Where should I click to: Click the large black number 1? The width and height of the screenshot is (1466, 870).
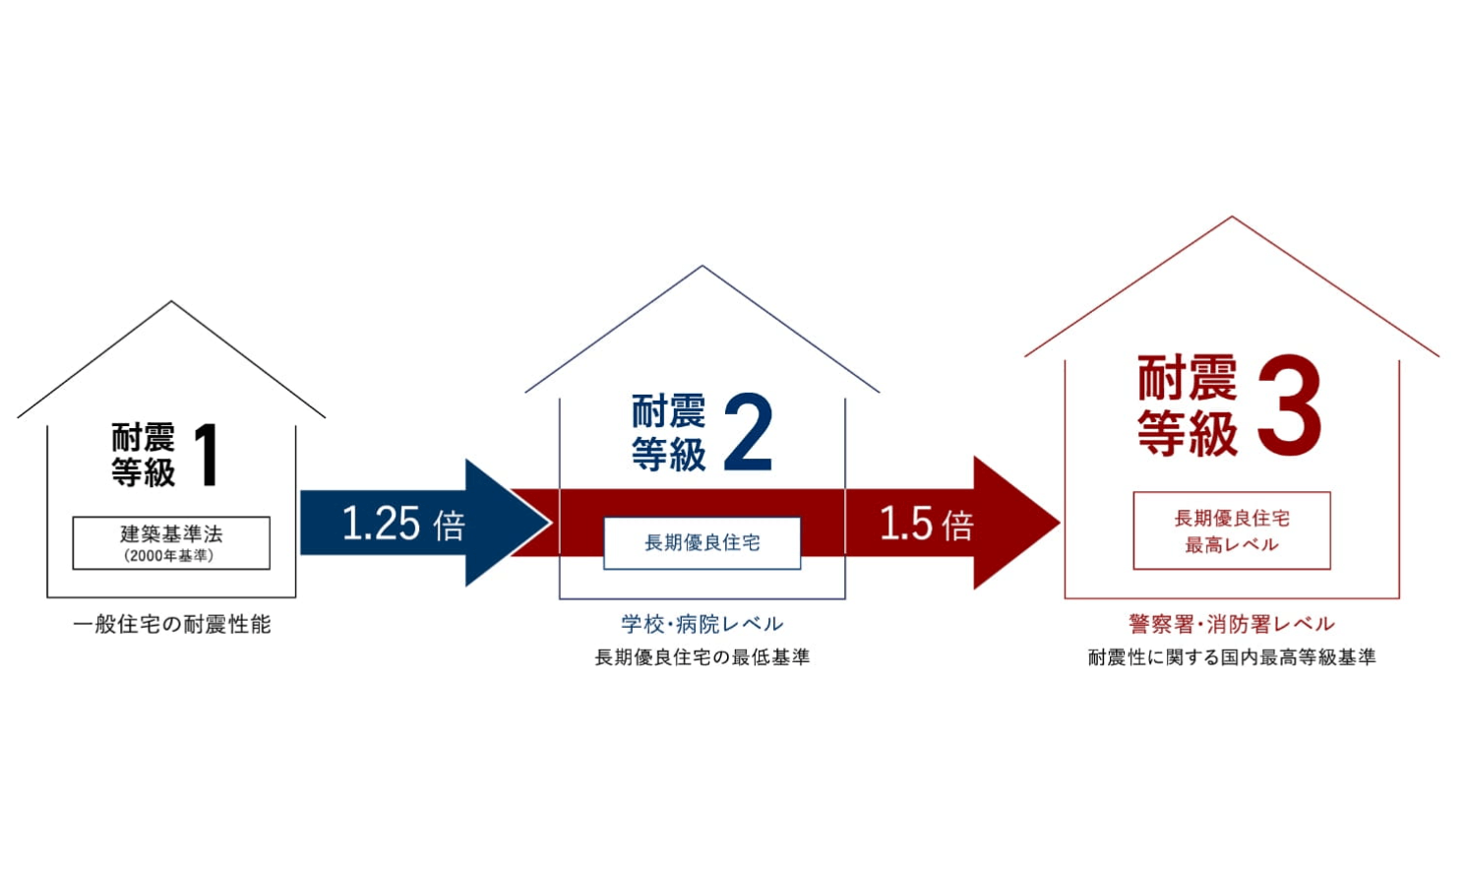coord(208,455)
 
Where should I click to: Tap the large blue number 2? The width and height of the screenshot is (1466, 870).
coord(748,431)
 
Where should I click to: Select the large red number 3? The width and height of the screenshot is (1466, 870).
coord(1289,404)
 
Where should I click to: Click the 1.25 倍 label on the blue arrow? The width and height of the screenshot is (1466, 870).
coord(403,523)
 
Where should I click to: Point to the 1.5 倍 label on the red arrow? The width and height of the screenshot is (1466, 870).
coord(926,523)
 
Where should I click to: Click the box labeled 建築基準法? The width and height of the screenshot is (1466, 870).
coord(171,542)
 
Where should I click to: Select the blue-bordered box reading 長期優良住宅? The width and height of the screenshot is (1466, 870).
coord(702,542)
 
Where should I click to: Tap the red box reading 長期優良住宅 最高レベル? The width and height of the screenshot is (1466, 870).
coord(1232,530)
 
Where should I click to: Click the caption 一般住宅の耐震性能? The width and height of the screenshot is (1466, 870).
coord(172,625)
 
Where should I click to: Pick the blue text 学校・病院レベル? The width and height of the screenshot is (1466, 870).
coord(702,624)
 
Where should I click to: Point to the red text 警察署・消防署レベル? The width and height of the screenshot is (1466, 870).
coord(1232,624)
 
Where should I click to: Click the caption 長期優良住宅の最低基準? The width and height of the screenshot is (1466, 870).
coord(702,657)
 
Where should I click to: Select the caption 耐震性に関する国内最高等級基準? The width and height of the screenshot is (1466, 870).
coord(1232,657)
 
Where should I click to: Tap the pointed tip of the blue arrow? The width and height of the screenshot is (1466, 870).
coord(552,523)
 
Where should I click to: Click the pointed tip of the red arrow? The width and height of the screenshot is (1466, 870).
coord(1061,523)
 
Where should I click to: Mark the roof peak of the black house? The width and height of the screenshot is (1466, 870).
coord(171,301)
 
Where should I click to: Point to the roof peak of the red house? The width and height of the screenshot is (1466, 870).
coord(1232,217)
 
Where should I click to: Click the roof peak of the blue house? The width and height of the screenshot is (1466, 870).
coord(702,265)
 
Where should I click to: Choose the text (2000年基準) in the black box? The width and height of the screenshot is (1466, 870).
coord(169,556)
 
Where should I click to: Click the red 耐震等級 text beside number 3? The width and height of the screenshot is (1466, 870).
coord(1188,404)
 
